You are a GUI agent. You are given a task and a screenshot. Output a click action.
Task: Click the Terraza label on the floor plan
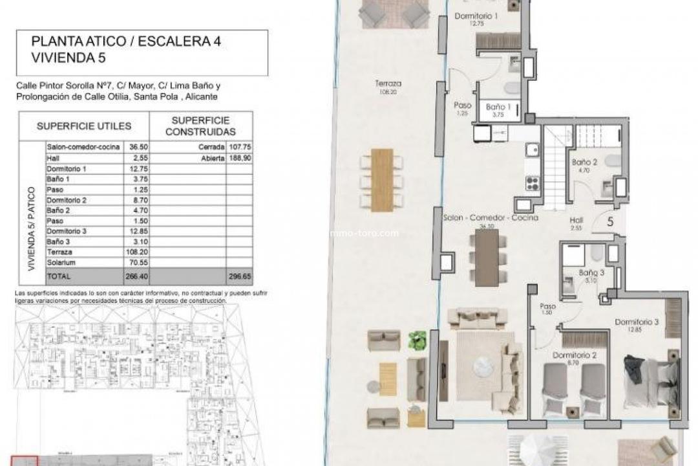click(x=388, y=83)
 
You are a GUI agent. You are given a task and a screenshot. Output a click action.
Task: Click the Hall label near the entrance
click(x=576, y=220)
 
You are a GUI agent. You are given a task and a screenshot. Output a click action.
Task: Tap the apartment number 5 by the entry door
click(x=610, y=221)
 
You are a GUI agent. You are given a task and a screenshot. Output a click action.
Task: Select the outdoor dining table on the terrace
click(x=382, y=180)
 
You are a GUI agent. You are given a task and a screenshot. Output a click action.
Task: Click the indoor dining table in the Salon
click(x=487, y=258)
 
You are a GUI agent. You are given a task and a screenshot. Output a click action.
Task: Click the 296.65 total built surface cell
click(x=239, y=276)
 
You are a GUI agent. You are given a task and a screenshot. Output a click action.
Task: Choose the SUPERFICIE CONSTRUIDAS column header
click(x=200, y=126)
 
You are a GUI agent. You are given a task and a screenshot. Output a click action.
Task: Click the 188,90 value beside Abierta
click(x=239, y=157)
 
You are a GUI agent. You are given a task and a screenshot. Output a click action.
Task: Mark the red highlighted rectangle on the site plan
click(x=27, y=461)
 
